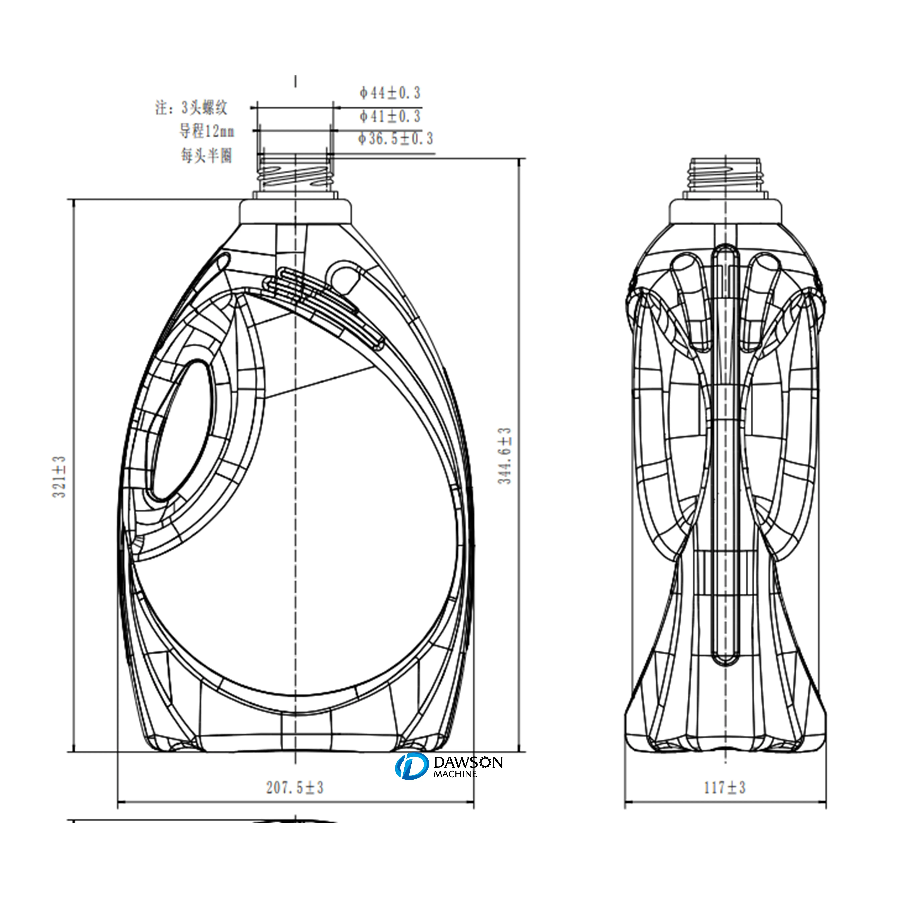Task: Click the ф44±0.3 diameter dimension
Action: click(390, 93)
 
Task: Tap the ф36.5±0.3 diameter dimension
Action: click(395, 139)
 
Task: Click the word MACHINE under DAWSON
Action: click(455, 774)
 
